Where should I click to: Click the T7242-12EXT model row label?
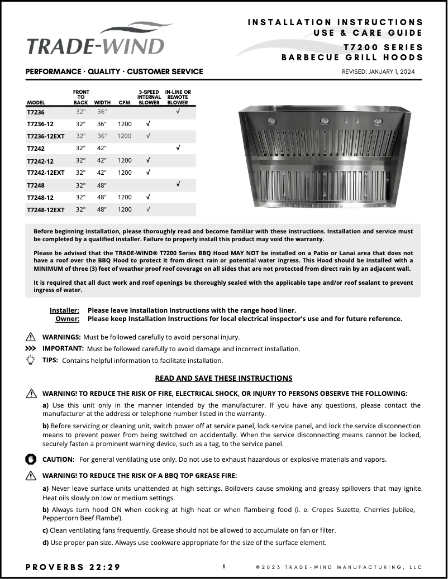coord(45,173)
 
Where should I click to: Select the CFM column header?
coord(125,103)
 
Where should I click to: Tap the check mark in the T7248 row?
coord(178,184)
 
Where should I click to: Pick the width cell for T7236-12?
coord(102,124)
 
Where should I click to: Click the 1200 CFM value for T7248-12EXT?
coord(125,209)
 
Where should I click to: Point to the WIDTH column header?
coord(102,103)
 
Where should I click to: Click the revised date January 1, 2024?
coord(378,72)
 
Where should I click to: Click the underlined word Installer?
coord(64,310)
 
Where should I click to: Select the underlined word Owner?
coord(67,319)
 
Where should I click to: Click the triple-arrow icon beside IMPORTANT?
coord(31,348)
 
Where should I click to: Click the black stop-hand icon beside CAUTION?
coord(31,459)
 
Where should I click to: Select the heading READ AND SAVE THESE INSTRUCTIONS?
coord(223,378)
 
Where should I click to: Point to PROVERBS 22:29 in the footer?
coord(73,567)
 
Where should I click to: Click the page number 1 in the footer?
coord(224,567)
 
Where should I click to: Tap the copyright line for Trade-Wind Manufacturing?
coord(339,567)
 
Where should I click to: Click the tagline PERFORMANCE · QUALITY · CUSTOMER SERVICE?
coord(115,72)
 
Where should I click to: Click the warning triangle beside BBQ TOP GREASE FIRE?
coord(31,476)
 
